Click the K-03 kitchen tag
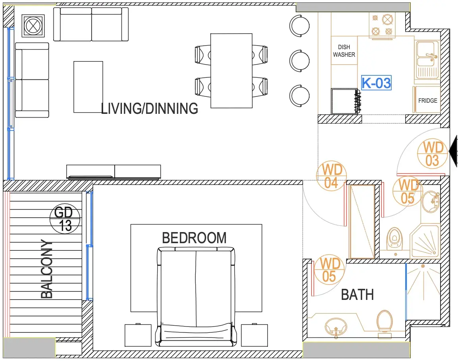click(376, 83)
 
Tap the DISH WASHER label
click(344, 51)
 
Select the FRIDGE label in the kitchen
click(427, 100)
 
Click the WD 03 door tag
click(432, 154)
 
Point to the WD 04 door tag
click(331, 176)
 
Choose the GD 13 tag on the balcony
click(65, 219)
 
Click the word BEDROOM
click(194, 238)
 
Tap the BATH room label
click(358, 294)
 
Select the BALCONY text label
click(47, 269)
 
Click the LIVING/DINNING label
click(150, 108)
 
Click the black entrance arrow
click(453, 151)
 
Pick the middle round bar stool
click(299, 61)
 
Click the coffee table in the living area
click(88, 87)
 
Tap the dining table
click(231, 71)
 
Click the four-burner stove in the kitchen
click(382, 25)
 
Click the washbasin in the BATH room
click(336, 327)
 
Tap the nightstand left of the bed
click(138, 335)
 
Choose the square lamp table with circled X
click(33, 26)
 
